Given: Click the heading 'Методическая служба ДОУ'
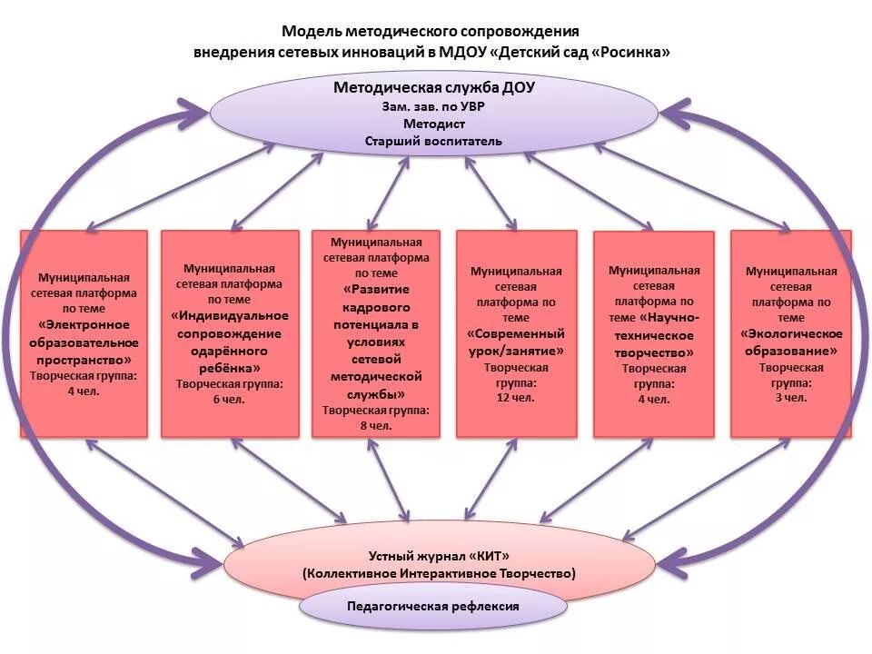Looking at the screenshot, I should click(434, 88).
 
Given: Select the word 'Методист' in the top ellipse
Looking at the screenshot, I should click(434, 124).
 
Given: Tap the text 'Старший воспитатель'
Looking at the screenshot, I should click(434, 141).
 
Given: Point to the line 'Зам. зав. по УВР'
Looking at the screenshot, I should click(434, 106).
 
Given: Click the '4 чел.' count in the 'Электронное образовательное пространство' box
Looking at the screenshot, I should click(84, 391).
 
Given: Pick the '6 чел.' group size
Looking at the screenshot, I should click(229, 399).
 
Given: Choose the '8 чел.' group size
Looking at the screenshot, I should click(375, 424).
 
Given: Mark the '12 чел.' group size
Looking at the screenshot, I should click(516, 398).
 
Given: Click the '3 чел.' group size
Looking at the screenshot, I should click(791, 398).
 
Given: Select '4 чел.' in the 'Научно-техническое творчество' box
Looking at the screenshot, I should click(653, 399).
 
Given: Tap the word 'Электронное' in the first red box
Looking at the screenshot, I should click(84, 325).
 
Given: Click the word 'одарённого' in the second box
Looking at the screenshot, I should click(229, 351).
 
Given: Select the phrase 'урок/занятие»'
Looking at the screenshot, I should click(516, 351).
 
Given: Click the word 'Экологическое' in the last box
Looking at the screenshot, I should click(791, 334).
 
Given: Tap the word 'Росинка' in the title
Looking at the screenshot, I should click(633, 52).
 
